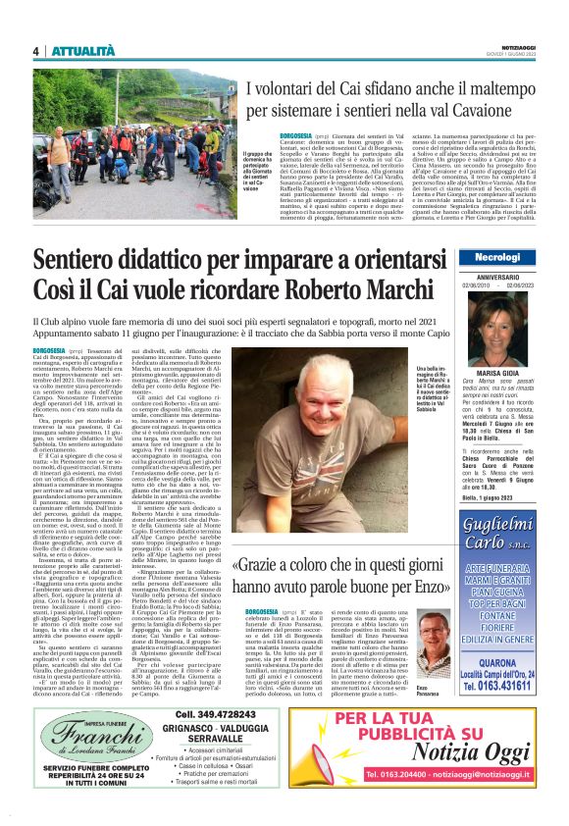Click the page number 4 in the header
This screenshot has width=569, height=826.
pyautogui.click(x=35, y=50)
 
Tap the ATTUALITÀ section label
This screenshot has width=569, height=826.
pyautogui.click(x=83, y=50)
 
